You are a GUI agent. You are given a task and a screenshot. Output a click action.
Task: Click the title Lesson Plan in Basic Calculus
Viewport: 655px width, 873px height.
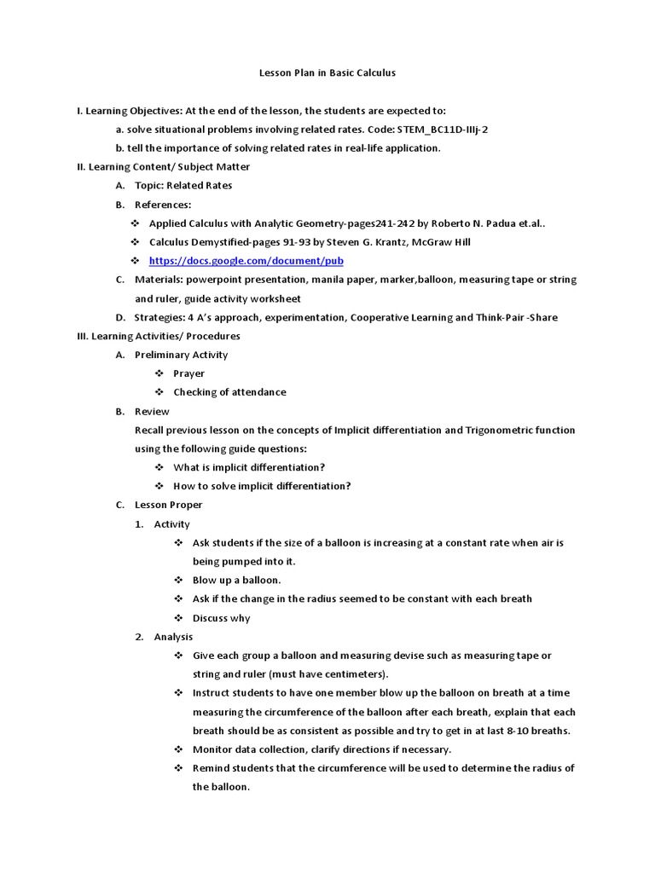click(x=327, y=73)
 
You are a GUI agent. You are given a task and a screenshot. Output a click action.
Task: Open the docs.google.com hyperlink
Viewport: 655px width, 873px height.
click(x=246, y=261)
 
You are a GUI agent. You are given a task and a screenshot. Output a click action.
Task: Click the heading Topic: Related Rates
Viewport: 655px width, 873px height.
click(x=183, y=186)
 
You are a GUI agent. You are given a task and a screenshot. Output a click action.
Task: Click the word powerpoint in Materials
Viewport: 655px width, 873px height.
click(x=217, y=280)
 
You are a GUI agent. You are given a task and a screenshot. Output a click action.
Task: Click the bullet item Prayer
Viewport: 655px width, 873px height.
click(x=188, y=373)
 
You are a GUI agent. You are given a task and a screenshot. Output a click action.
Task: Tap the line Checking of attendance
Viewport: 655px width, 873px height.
click(x=229, y=392)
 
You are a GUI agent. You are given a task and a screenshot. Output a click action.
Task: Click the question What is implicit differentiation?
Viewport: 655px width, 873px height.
click(x=249, y=467)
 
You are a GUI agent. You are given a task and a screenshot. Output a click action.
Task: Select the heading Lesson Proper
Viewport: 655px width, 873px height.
click(x=169, y=505)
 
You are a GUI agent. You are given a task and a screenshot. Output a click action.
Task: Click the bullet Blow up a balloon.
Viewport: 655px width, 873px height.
click(x=237, y=580)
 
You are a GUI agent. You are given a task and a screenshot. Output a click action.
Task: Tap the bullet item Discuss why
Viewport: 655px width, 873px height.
click(x=222, y=618)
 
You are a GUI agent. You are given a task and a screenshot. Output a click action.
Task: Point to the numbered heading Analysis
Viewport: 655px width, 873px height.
click(x=173, y=637)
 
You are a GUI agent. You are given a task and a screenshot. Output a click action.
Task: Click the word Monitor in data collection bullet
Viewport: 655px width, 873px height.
click(x=212, y=749)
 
